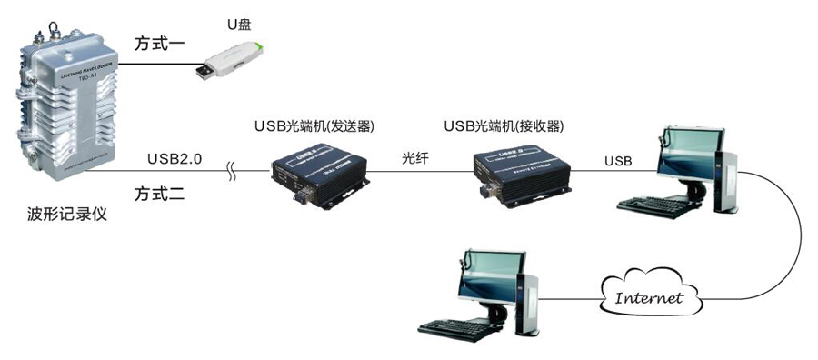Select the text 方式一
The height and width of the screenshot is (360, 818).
point(160,44)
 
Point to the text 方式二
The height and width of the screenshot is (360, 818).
point(160,193)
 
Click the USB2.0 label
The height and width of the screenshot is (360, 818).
point(175,159)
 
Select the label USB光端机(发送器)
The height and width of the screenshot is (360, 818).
point(314,125)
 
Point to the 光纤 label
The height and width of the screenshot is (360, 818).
point(414,156)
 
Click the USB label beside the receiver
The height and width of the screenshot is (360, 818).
point(618,161)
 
